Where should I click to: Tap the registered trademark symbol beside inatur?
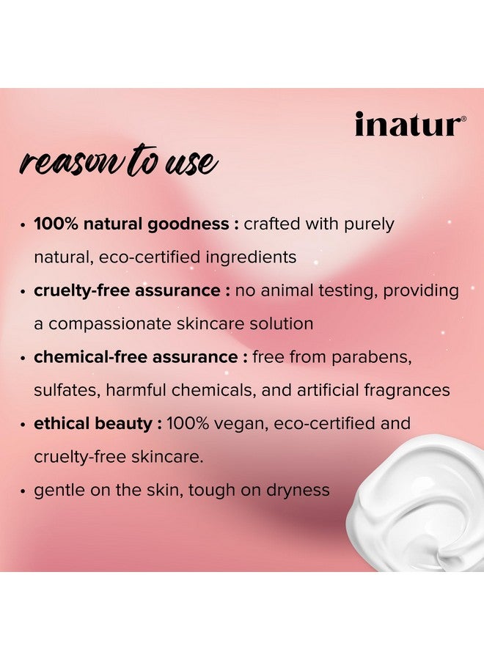[463, 119]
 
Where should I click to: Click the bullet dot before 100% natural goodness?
[23, 225]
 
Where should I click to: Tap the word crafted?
[272, 224]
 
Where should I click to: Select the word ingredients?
[251, 257]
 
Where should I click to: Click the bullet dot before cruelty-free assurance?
[23, 292]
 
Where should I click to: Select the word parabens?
[371, 357]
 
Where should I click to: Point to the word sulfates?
[67, 390]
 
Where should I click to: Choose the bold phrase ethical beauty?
[93, 423]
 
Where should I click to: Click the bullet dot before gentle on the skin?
[23, 491]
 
